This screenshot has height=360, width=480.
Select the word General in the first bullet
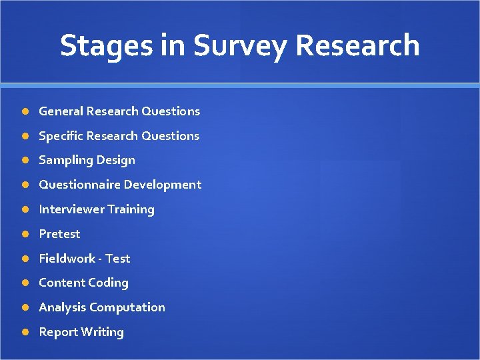(61, 111)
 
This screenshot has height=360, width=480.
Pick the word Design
(116, 161)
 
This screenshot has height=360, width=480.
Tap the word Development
(162, 185)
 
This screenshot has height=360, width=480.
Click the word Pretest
(59, 234)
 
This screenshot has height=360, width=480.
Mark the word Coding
(108, 283)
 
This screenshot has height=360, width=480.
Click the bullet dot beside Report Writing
(24, 332)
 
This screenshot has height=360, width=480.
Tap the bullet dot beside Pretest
(24, 234)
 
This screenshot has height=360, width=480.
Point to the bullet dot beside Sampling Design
(24, 161)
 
